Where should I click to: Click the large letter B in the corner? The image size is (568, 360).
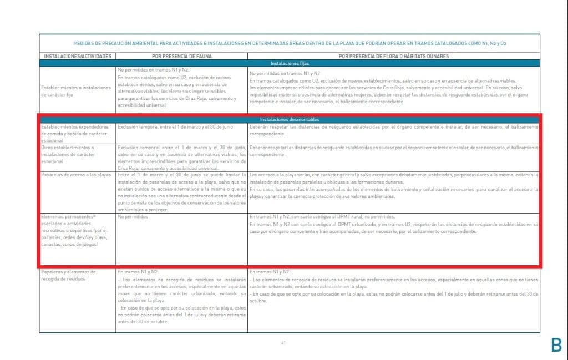[x=556, y=344]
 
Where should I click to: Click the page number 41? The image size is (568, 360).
[x=283, y=343]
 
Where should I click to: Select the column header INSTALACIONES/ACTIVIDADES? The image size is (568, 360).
[x=77, y=56]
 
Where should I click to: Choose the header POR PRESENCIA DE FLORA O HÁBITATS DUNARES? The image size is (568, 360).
[x=393, y=56]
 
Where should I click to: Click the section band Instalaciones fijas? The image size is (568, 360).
[x=289, y=63]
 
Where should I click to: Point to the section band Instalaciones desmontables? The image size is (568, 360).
[x=289, y=119]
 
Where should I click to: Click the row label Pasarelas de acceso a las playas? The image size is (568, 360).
[x=76, y=175]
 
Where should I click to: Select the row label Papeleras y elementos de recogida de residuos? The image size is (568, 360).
[x=69, y=275]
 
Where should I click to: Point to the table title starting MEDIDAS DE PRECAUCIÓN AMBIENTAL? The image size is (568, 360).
[x=289, y=43]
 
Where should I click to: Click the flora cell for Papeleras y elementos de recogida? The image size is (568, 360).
[x=393, y=287]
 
